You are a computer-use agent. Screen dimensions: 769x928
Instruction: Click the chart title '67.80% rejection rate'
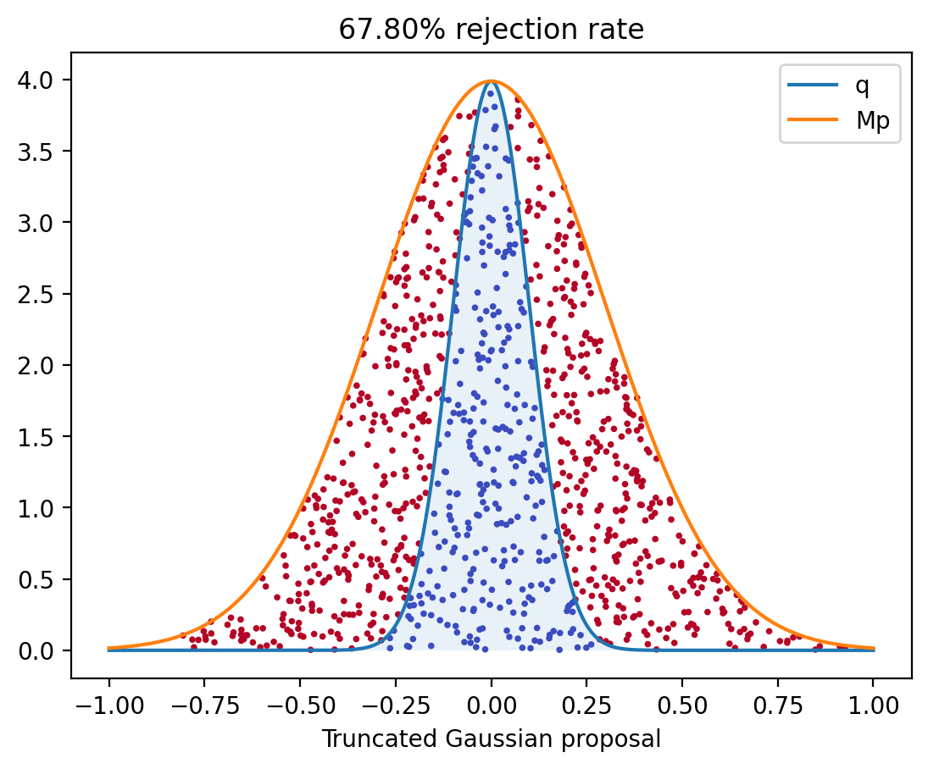pos(491,30)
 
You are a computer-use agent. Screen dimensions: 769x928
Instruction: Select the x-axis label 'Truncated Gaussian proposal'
pos(491,739)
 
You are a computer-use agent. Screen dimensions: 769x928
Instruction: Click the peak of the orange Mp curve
pos(491,81)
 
